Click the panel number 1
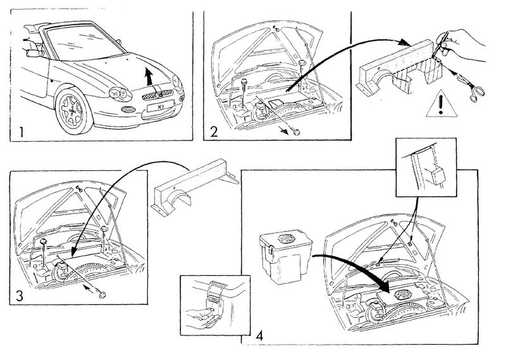[x=21, y=133]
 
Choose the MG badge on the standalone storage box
[x=286, y=241]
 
